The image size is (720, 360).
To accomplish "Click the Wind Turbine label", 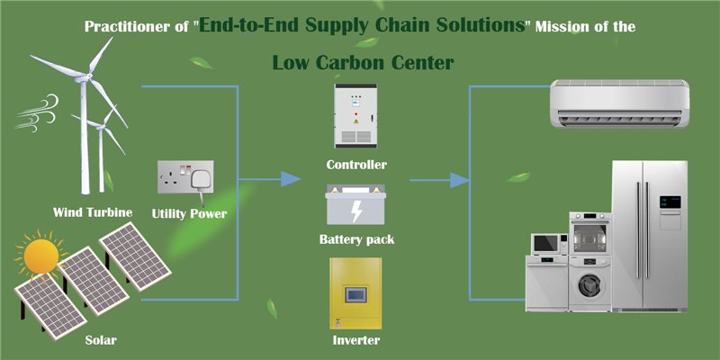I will pos(93,212).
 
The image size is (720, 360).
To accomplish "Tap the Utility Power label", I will pos(189,213).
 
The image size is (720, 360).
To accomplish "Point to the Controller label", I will pos(356,165).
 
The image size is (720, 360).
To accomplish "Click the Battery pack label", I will pos(356,239).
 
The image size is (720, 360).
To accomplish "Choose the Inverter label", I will pos(356,340).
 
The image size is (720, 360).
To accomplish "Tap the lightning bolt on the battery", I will pos(357,212).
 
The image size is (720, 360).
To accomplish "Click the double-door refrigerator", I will pos(649,236).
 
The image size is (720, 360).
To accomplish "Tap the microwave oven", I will pos(545,243).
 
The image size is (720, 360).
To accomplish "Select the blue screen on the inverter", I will pos(358,293).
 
